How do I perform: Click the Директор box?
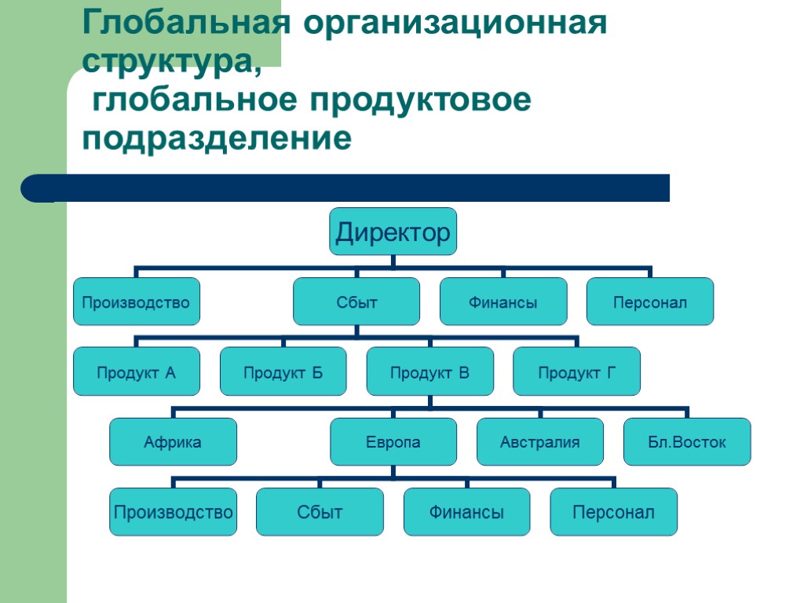tap(393, 232)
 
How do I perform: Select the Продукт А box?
tap(137, 371)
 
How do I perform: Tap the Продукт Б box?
tap(283, 371)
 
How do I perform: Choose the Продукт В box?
tap(430, 371)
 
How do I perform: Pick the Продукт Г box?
tap(577, 371)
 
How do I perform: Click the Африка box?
tap(173, 442)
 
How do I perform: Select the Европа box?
tap(393, 442)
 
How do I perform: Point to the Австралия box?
tap(540, 442)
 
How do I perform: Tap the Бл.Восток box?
tap(687, 442)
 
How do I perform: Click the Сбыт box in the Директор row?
tap(357, 301)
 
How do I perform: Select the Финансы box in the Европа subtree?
tap(467, 512)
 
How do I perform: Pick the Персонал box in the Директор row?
tap(650, 301)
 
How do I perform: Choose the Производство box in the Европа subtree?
tap(173, 512)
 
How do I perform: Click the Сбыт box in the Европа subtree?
tap(320, 512)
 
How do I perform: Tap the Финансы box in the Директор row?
tap(503, 301)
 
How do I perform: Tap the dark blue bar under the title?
tap(345, 188)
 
